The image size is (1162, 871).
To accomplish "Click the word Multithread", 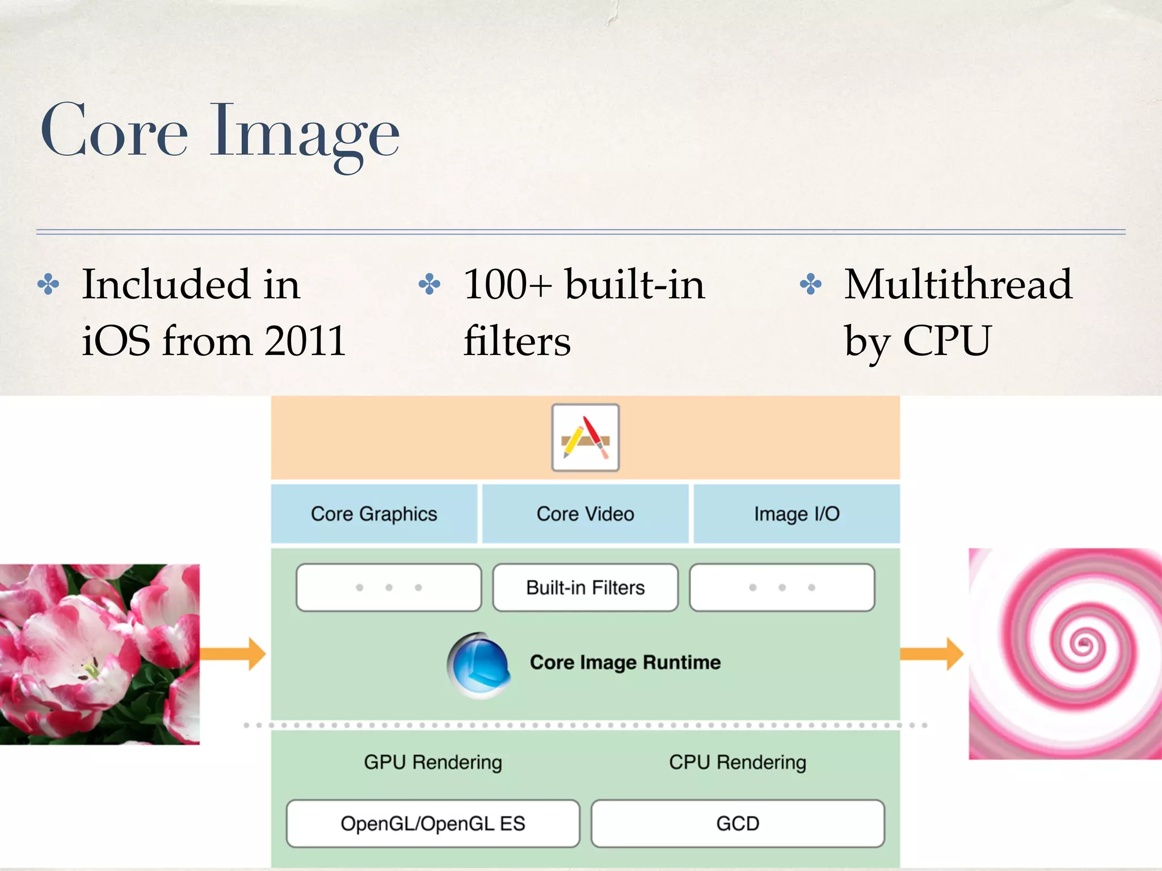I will pos(958,284).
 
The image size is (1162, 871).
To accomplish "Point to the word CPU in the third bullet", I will pos(946,341).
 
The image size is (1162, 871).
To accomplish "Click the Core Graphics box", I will pos(374,514).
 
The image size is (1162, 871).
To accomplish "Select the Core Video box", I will pos(585,514).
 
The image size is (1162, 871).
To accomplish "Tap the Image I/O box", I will pos(796,514).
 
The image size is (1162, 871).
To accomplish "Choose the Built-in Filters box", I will pos(585,587).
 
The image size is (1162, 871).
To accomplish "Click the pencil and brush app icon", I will pos(585,437).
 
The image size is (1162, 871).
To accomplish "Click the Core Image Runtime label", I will pos(625,662).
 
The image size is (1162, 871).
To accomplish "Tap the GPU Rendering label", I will pos(433,762).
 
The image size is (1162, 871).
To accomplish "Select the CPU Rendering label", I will pos(737,762).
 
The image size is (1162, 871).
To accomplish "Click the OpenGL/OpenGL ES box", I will pos(433,823).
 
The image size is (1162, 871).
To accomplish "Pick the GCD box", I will pos(737,823).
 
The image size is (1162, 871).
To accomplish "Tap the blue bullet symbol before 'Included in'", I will pos(48,285).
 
